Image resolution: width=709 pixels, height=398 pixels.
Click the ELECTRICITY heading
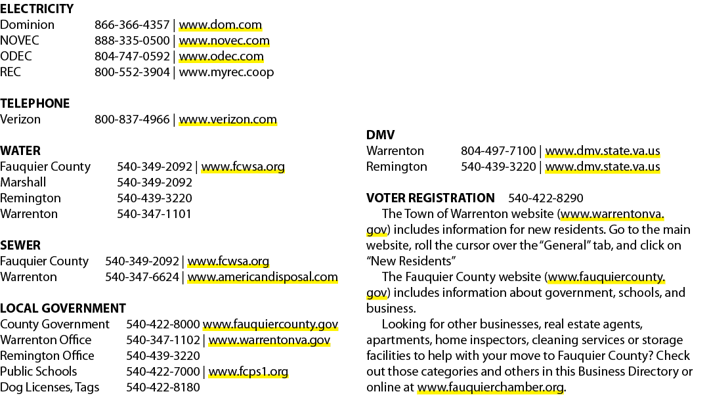37,9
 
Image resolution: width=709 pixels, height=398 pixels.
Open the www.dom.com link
220,25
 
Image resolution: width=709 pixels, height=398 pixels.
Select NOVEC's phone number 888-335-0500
132,41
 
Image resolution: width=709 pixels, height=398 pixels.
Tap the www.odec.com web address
221,56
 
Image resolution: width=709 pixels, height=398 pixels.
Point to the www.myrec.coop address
226,72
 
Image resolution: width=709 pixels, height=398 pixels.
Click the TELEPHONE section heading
35,104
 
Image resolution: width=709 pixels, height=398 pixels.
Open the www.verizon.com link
227,120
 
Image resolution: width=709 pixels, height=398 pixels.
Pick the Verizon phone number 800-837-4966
132,120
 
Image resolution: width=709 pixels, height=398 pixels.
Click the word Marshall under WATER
23,183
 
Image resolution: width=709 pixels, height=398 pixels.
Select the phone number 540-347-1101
154,214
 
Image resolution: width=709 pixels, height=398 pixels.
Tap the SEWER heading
20,245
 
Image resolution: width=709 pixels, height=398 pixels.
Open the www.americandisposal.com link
262,277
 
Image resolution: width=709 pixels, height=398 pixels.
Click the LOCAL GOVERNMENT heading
63,309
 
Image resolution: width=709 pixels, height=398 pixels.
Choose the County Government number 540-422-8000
163,324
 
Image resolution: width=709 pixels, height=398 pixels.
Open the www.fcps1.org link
247,372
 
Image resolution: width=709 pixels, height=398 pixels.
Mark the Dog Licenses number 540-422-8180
163,387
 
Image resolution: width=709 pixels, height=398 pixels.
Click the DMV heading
380,135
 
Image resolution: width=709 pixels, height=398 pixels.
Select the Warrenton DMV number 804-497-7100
498,151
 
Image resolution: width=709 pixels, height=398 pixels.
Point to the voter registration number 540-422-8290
546,198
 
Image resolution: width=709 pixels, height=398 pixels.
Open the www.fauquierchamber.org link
490,387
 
